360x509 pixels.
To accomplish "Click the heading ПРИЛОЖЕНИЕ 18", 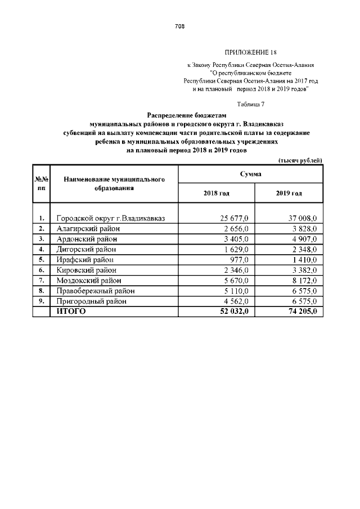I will tap(250, 52).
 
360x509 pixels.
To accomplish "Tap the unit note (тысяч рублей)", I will tap(300, 160).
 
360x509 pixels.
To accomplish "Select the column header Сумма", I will tap(250, 175).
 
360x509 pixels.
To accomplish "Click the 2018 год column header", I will tap(216, 193).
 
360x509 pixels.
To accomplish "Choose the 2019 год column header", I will tap(289, 193).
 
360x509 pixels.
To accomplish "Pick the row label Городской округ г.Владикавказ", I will tap(110, 218).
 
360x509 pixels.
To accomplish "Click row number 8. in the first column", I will tap(42, 291).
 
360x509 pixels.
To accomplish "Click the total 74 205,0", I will tap(303, 312).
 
